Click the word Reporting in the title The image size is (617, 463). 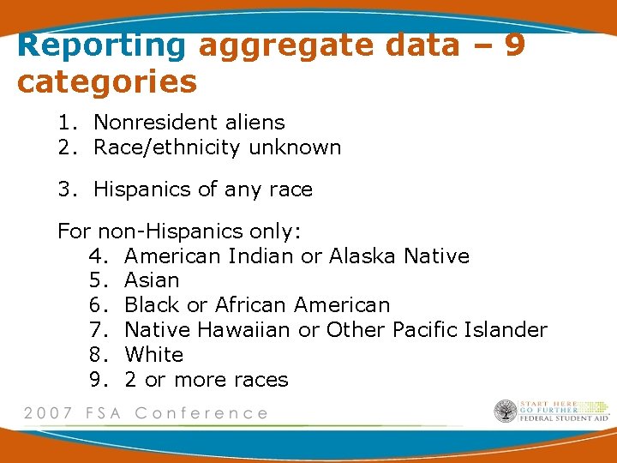(101, 45)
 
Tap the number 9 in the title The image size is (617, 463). (514, 45)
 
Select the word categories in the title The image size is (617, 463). (106, 82)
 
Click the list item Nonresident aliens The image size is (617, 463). (189, 123)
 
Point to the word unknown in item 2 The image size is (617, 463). (295, 147)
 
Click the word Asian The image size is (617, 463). (152, 280)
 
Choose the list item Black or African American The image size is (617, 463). (256, 305)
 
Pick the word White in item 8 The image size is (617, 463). (153, 355)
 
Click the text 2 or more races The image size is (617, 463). (206, 380)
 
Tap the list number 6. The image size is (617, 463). (96, 305)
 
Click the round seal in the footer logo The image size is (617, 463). (506, 412)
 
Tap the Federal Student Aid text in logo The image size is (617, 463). (565, 418)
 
